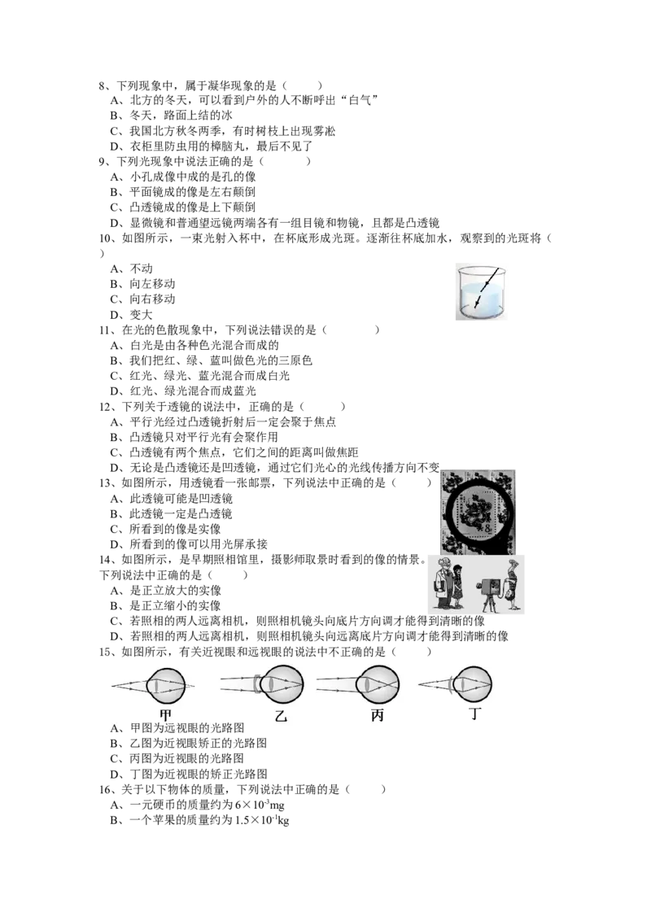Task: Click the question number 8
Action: pyautogui.click(x=103, y=85)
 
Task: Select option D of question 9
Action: pyautogui.click(x=274, y=223)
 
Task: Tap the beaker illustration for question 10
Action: pyautogui.click(x=480, y=292)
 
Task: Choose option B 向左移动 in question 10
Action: pyautogui.click(x=142, y=284)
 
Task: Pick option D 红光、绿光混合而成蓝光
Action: pyautogui.click(x=183, y=391)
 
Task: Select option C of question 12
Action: pyautogui.click(x=234, y=452)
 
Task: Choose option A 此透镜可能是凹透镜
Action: pyautogui.click(x=171, y=499)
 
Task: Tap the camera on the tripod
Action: pyautogui.click(x=489, y=589)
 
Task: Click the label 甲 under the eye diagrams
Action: pyautogui.click(x=166, y=714)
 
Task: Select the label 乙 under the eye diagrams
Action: pyautogui.click(x=281, y=715)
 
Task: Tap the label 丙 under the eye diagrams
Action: pyautogui.click(x=378, y=715)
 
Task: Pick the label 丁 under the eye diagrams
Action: pyautogui.click(x=475, y=714)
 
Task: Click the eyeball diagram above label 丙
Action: pyautogui.click(x=378, y=685)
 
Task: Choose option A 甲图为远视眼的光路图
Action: pyautogui.click(x=177, y=728)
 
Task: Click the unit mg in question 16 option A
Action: pyautogui.click(x=277, y=805)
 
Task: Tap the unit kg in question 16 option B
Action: pyautogui.click(x=283, y=821)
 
